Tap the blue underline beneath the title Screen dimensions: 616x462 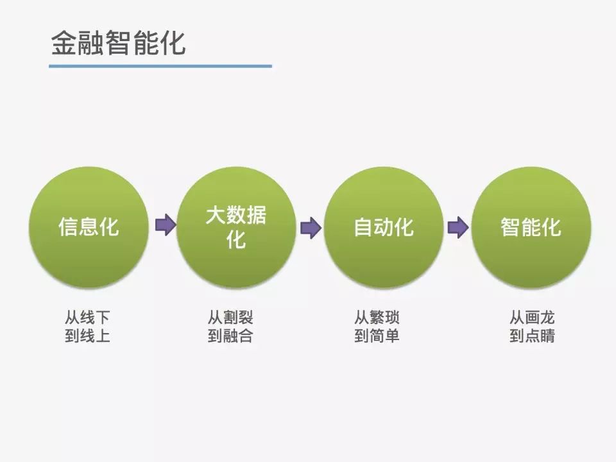(x=160, y=65)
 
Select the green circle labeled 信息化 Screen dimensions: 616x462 (x=89, y=227)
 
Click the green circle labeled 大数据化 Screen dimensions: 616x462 (x=236, y=227)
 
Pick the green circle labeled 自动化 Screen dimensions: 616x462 (x=384, y=227)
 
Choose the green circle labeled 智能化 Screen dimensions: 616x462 (x=531, y=227)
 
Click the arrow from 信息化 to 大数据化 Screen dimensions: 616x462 (x=165, y=225)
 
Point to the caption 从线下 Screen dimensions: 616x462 (x=87, y=317)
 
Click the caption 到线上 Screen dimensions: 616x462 (x=87, y=336)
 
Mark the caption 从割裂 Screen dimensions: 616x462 (x=230, y=317)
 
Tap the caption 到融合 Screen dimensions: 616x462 (x=230, y=336)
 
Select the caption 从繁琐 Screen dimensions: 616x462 (x=377, y=317)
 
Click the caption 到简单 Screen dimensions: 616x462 (x=377, y=336)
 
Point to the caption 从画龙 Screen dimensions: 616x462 (x=532, y=317)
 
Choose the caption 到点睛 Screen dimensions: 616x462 (x=532, y=336)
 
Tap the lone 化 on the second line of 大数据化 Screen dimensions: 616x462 (x=236, y=239)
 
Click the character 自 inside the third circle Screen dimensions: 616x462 (x=364, y=227)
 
